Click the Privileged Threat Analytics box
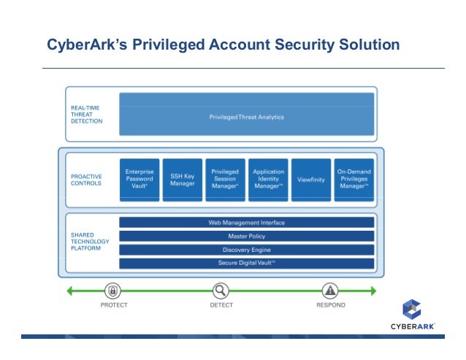(x=246, y=115)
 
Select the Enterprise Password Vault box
(x=138, y=180)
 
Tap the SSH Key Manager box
(x=181, y=180)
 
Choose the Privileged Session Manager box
(x=224, y=180)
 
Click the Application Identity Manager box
(x=268, y=180)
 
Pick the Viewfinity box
(x=311, y=180)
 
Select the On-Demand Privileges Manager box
(x=354, y=180)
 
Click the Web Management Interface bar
(x=246, y=223)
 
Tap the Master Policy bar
(x=246, y=236)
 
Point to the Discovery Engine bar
(x=246, y=250)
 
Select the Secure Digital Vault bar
(x=246, y=263)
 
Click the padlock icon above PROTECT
(x=112, y=290)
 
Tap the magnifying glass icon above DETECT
(x=221, y=290)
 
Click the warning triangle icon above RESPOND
(x=330, y=290)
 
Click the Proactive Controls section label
(x=87, y=180)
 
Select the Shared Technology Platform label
(x=89, y=242)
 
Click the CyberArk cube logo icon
(x=413, y=309)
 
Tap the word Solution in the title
(x=367, y=45)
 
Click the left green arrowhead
(x=70, y=291)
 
